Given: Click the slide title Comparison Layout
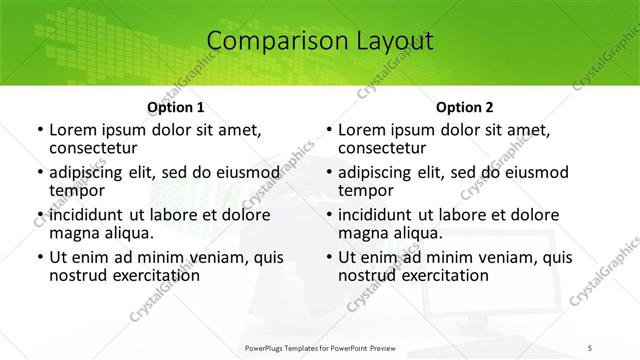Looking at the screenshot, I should tap(320, 41).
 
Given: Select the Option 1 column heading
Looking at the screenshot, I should tap(175, 107).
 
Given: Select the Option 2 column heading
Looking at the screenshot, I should tap(465, 107).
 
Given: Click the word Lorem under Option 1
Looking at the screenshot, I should tap(71, 130).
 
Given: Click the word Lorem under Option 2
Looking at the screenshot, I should tap(361, 130).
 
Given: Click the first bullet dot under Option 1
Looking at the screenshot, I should tap(39, 131).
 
